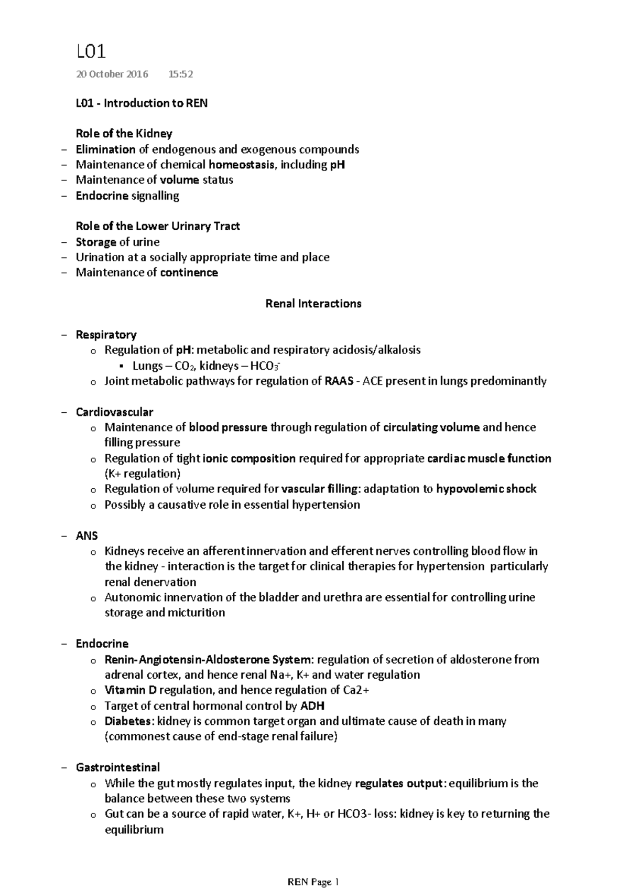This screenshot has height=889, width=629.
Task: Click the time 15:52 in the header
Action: tap(180, 74)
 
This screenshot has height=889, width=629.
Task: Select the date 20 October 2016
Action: tap(112, 74)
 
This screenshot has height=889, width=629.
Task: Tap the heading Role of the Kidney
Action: tap(124, 133)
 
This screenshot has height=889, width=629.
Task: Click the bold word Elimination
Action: tap(105, 149)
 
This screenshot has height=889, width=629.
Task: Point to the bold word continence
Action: tap(189, 273)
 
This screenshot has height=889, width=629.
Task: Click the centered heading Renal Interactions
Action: tap(313, 304)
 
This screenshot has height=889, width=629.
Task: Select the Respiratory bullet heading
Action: tap(106, 335)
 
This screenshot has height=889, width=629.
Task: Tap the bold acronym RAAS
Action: tap(339, 381)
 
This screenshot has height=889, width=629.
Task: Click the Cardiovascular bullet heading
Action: tap(114, 412)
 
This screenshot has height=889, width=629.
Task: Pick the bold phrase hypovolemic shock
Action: tap(486, 489)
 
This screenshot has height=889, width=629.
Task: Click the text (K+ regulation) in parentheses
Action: tap(142, 474)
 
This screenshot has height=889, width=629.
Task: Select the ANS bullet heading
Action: tap(86, 536)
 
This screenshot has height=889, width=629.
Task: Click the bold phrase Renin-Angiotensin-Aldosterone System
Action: tap(208, 659)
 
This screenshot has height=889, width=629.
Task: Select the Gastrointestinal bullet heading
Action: tap(117, 767)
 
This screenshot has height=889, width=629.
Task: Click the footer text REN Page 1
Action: tap(314, 882)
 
